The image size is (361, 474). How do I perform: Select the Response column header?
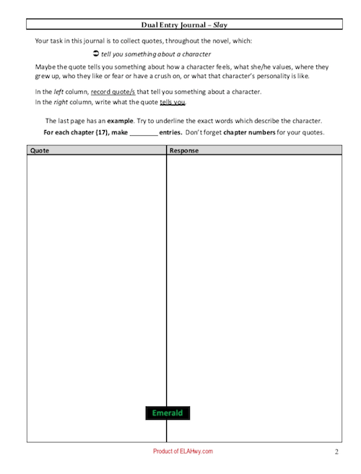(184, 150)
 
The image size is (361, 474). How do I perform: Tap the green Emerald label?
(168, 413)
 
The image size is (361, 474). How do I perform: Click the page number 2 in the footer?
(336, 452)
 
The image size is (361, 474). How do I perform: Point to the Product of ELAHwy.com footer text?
(183, 451)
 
